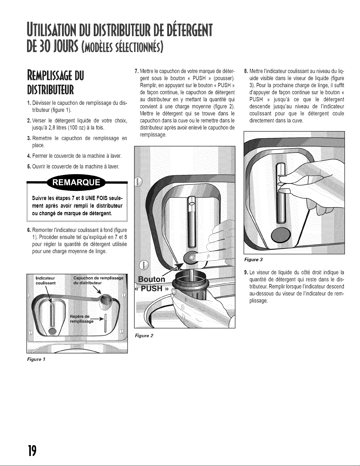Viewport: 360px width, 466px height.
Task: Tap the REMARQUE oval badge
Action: [x=76, y=182]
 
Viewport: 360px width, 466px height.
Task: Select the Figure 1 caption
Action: [x=36, y=359]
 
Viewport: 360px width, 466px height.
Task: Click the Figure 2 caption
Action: [x=144, y=336]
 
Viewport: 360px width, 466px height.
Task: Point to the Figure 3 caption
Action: [x=254, y=260]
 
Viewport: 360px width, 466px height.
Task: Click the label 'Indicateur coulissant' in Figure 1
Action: [x=46, y=280]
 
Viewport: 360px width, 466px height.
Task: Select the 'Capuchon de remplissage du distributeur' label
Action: [x=98, y=280]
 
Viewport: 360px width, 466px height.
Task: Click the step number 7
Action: [x=136, y=71]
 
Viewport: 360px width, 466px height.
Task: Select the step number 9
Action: [x=246, y=272]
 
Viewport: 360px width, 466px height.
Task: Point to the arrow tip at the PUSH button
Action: [x=183, y=263]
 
